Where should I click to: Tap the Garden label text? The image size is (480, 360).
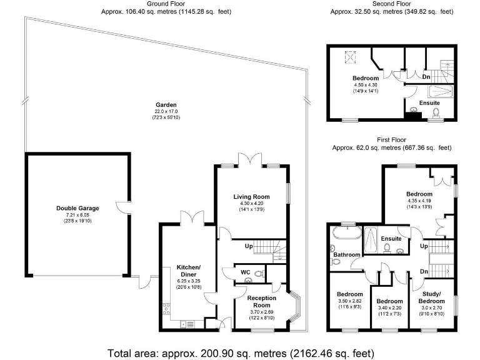(166, 104)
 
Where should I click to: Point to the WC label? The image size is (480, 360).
(246, 273)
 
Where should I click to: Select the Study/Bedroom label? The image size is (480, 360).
(432, 297)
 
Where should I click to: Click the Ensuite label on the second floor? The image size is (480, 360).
(429, 102)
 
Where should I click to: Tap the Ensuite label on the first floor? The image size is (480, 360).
(391, 238)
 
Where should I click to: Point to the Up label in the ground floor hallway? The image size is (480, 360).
(249, 246)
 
